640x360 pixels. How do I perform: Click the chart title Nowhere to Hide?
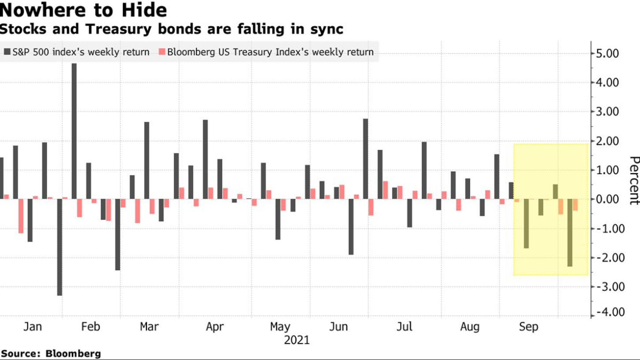(84, 10)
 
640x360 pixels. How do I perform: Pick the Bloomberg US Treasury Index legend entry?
(266, 52)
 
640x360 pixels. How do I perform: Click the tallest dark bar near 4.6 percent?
(74, 131)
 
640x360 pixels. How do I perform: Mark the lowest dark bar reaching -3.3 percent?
(60, 247)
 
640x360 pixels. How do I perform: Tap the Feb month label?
(90, 327)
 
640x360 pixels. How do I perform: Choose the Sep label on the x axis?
(528, 327)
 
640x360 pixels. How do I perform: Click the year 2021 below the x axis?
(296, 340)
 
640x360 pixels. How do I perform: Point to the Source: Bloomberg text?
(51, 353)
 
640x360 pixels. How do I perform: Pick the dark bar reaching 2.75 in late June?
(366, 159)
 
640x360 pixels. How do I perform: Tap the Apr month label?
(215, 327)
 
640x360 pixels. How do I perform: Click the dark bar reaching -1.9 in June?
(351, 227)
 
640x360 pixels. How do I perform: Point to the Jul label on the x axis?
(404, 327)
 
